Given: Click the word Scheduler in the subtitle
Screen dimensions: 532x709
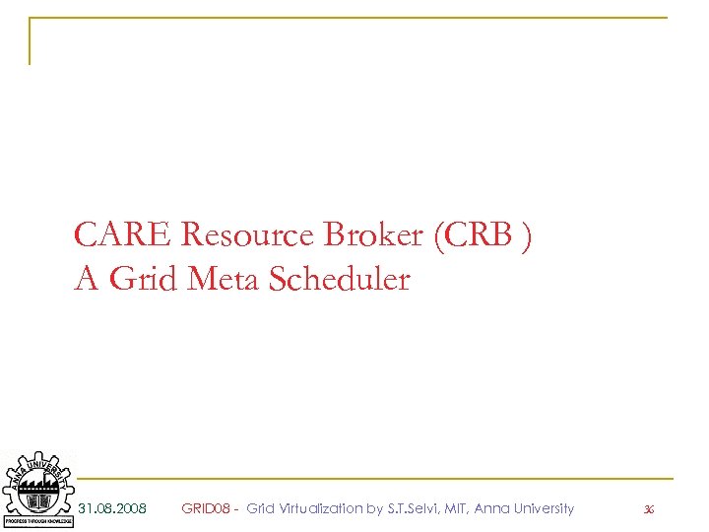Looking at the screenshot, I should (x=339, y=281).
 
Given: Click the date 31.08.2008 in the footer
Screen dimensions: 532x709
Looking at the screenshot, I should (x=112, y=508).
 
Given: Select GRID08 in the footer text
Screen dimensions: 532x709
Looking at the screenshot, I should (x=206, y=508).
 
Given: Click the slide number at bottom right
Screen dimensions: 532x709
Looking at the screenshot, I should (x=648, y=509).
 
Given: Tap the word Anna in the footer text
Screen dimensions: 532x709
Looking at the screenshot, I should (x=491, y=508).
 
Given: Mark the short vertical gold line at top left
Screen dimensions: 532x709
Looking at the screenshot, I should (x=30, y=40).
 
